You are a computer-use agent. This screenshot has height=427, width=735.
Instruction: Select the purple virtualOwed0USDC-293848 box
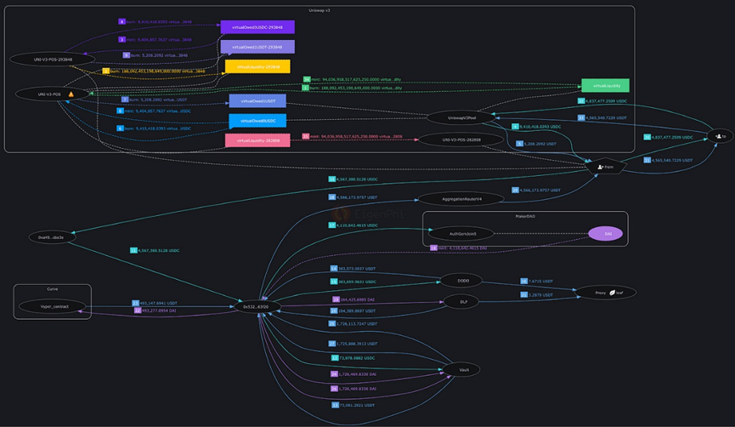pyautogui.click(x=257, y=27)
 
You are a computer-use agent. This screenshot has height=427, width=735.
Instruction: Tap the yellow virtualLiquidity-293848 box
pyautogui.click(x=257, y=66)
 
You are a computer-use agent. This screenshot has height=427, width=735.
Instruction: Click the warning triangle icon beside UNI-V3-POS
pyautogui.click(x=71, y=94)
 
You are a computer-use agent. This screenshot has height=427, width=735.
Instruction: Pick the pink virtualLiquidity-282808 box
pyautogui.click(x=257, y=140)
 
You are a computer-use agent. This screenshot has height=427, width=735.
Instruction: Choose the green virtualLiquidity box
pyautogui.click(x=605, y=86)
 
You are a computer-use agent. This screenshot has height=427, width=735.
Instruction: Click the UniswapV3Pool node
pyautogui.click(x=462, y=117)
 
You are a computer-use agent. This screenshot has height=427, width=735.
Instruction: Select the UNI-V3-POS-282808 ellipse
pyautogui.click(x=461, y=139)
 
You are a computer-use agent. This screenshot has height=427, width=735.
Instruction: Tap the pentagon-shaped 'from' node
pyautogui.click(x=605, y=167)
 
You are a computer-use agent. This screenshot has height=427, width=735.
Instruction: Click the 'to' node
pyautogui.click(x=721, y=136)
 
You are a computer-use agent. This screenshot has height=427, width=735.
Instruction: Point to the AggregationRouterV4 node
pyautogui.click(x=461, y=199)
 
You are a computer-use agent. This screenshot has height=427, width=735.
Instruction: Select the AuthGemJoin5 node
pyautogui.click(x=462, y=233)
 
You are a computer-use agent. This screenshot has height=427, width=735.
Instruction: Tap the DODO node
pyautogui.click(x=462, y=280)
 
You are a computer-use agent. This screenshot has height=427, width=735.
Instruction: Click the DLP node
pyautogui.click(x=462, y=302)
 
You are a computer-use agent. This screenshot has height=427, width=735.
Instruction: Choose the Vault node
pyautogui.click(x=462, y=370)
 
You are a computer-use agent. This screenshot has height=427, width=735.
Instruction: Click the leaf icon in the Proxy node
pyautogui.click(x=612, y=293)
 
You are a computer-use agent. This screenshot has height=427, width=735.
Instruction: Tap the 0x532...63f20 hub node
pyautogui.click(x=258, y=306)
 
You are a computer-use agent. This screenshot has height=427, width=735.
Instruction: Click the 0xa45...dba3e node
pyautogui.click(x=52, y=237)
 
